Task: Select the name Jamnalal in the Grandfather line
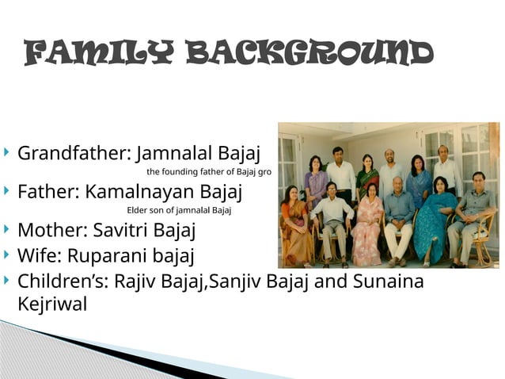click(x=170, y=152)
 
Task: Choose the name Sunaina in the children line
click(x=391, y=281)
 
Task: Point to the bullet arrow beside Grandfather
click(x=7, y=151)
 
